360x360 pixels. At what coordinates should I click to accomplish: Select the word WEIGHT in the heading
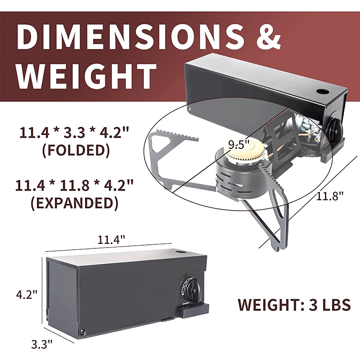(x=86, y=76)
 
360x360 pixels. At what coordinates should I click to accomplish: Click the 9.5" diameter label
(x=239, y=144)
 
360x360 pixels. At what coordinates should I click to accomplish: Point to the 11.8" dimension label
(x=330, y=196)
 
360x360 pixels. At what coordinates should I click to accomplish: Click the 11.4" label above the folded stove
(x=111, y=240)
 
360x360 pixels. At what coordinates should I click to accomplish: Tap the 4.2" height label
(x=27, y=294)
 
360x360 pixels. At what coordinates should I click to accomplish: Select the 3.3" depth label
(x=42, y=344)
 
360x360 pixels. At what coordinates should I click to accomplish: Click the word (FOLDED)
(x=76, y=150)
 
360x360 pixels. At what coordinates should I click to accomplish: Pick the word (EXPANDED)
(x=75, y=203)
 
